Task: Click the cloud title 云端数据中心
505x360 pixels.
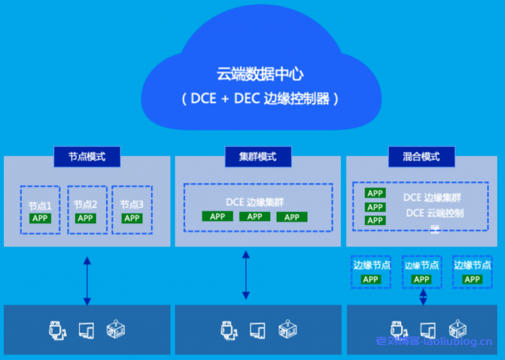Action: (260, 74)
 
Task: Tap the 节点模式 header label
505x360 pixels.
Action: (87, 157)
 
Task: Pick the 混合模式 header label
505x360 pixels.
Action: (421, 157)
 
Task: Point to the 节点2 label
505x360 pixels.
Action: (85, 205)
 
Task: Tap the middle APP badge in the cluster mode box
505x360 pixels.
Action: (254, 217)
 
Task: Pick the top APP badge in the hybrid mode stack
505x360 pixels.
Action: (375, 193)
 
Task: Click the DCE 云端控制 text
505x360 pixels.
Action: (435, 213)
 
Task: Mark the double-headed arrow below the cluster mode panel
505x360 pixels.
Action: (246, 276)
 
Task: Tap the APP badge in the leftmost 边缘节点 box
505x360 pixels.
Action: (371, 279)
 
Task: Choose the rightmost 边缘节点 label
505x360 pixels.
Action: (472, 265)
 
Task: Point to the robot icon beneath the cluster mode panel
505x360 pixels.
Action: (285, 329)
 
